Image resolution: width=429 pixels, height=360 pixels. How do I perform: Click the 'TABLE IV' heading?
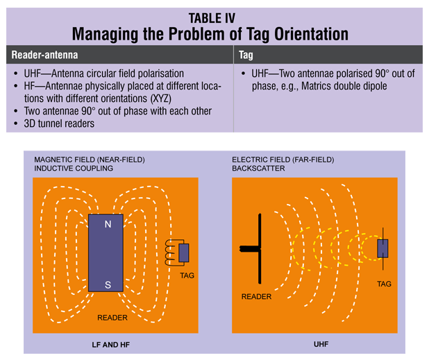point(212,18)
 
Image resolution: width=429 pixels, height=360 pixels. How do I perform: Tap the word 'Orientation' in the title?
point(312,34)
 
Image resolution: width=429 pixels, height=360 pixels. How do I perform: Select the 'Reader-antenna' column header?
point(44,55)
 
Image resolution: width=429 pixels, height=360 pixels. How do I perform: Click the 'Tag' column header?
point(246,55)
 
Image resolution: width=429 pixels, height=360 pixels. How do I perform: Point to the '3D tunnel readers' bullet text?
point(59,123)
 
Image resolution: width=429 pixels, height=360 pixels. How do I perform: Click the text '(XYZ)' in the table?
point(161,98)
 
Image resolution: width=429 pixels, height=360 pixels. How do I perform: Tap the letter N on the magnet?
point(108,225)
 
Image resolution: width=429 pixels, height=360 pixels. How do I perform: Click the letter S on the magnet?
point(108,285)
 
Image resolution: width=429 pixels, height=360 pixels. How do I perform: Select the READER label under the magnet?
point(112,318)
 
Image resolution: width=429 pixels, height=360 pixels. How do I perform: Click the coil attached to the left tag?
point(170,252)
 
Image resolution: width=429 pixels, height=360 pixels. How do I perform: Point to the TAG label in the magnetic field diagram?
point(187,275)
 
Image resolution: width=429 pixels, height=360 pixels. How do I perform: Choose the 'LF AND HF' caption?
point(111,345)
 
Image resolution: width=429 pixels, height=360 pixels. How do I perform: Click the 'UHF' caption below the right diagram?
point(321,344)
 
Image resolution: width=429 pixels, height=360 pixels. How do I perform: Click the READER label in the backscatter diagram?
point(256,297)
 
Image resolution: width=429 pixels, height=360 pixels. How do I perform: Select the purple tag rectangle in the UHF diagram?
point(382,248)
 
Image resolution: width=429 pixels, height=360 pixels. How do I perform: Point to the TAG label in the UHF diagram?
point(384,284)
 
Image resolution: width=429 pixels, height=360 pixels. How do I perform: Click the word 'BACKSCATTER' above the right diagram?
point(258,169)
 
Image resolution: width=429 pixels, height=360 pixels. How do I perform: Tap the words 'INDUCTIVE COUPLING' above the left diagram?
point(74,169)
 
